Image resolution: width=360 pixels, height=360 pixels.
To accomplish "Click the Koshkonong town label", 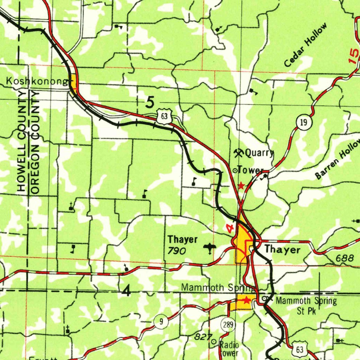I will point(37,82).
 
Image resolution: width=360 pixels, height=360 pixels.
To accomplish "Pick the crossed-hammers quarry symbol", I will point(239,153).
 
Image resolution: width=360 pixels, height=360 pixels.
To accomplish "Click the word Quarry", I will point(259,153).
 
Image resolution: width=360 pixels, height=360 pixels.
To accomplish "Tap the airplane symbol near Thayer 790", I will point(210,249).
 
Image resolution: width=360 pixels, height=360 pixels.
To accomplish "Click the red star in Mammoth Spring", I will point(246,300).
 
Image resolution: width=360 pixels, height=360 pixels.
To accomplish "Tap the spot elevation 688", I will point(345,258).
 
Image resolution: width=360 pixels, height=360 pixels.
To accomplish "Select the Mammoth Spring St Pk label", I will point(306,306).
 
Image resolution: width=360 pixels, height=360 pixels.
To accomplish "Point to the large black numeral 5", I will point(150,103).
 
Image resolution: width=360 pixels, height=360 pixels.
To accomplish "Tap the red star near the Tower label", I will point(241,185).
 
